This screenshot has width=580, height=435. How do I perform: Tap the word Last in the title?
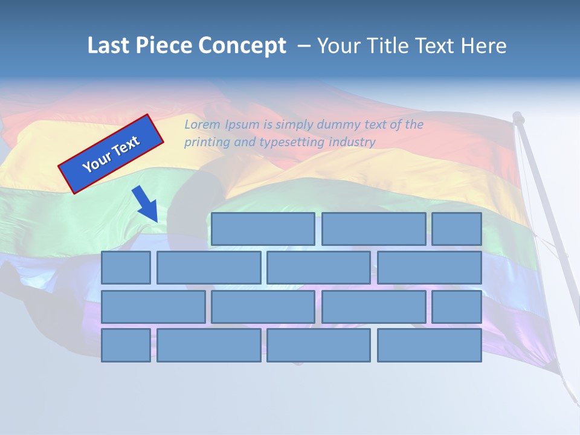(110, 46)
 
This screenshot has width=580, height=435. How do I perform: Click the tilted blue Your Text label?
(111, 154)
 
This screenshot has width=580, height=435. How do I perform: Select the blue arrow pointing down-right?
(146, 204)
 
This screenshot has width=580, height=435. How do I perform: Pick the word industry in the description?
(352, 143)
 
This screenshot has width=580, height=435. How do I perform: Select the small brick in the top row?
(457, 229)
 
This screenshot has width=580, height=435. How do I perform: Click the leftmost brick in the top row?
(263, 229)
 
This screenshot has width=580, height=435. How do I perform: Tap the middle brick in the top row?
(373, 229)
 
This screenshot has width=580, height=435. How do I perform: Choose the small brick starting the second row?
(126, 268)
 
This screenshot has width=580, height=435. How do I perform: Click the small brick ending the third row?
(457, 307)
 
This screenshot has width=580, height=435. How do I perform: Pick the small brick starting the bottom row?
(126, 346)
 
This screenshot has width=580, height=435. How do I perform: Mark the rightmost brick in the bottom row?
(430, 346)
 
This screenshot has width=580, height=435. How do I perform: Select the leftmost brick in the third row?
(153, 307)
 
